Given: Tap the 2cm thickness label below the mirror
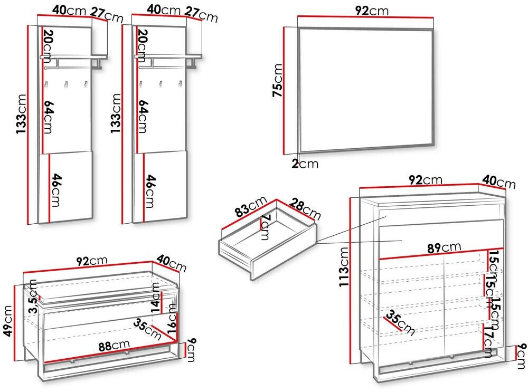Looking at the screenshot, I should (305, 164).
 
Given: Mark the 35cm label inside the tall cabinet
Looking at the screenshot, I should (399, 324).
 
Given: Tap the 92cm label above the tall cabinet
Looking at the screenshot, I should (426, 180).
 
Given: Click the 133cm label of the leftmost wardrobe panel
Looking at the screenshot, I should (21, 122).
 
